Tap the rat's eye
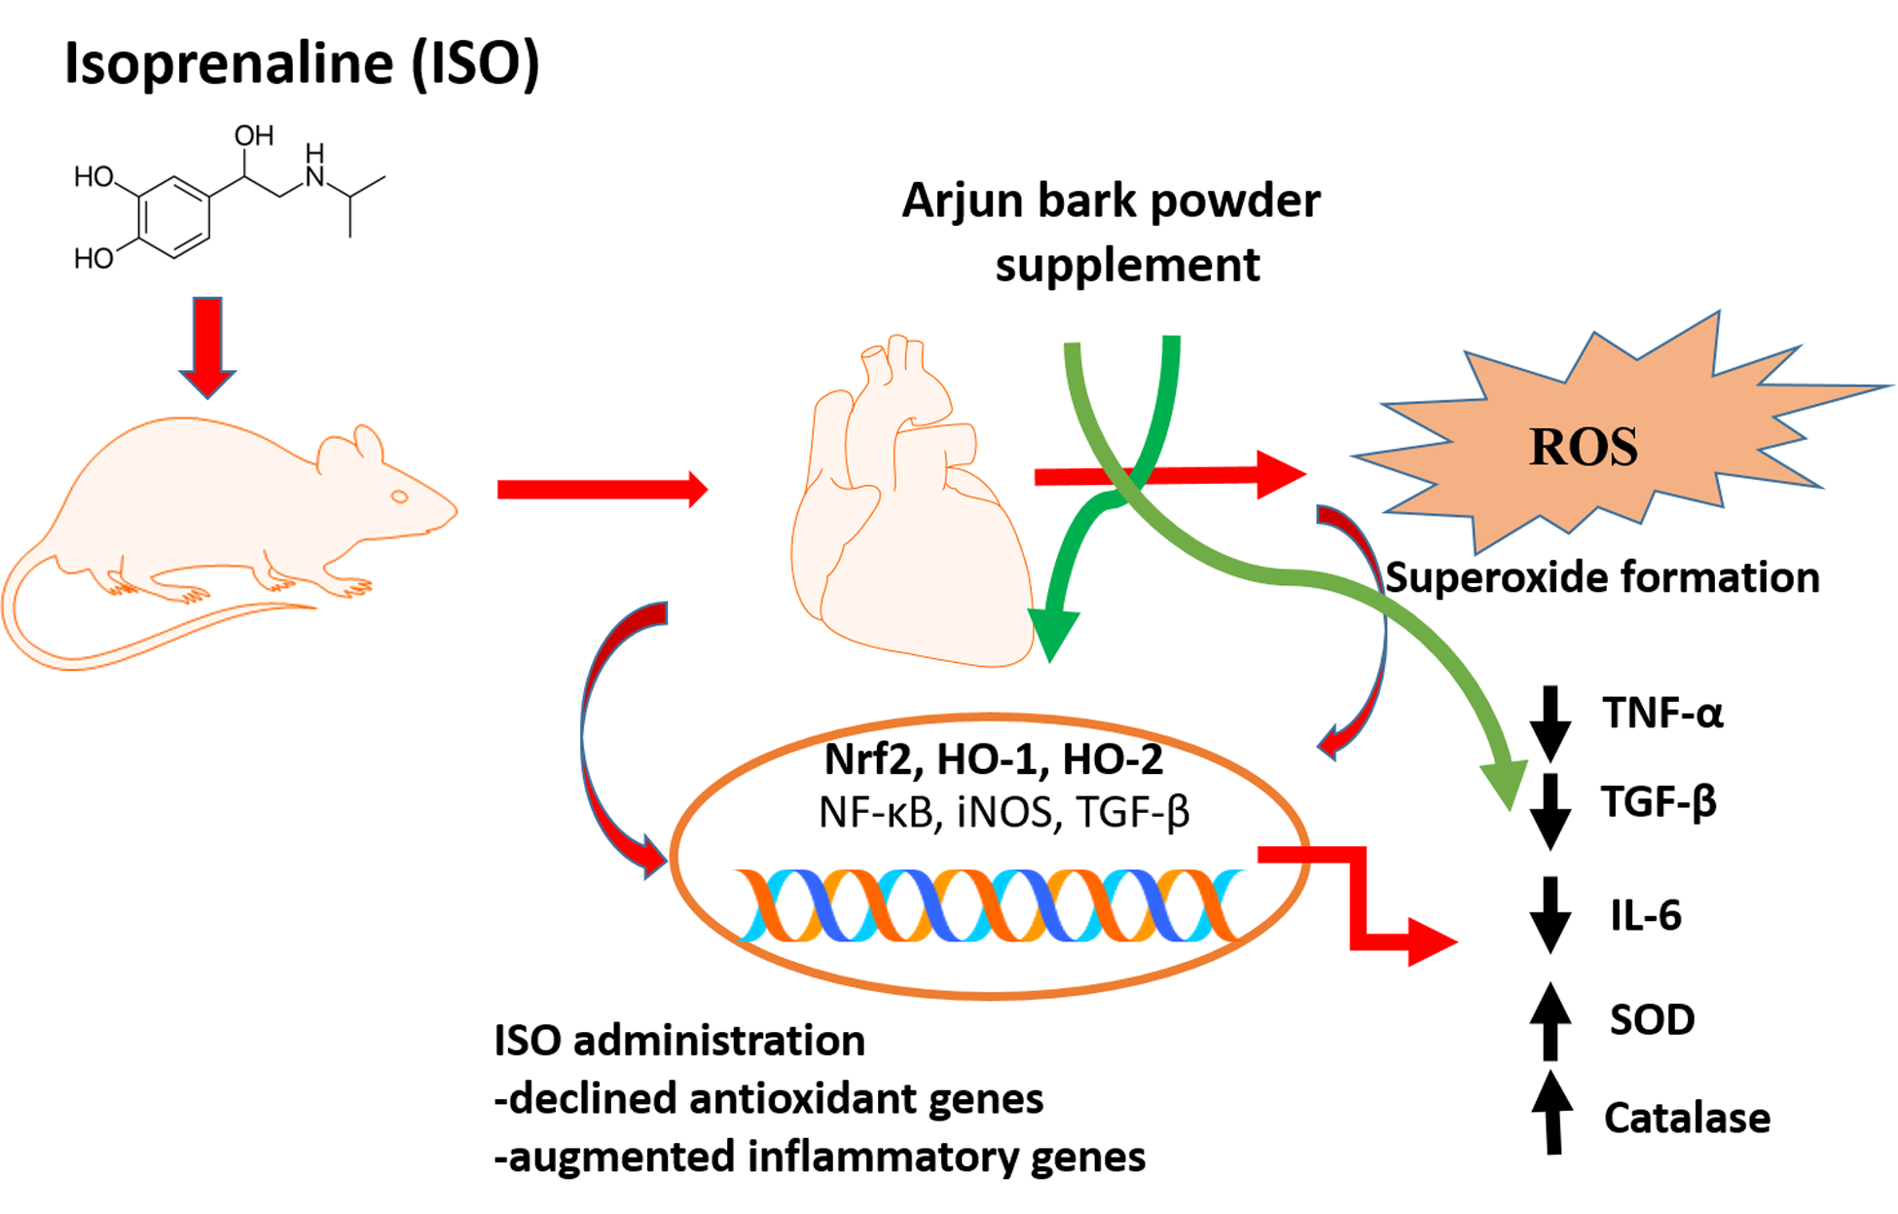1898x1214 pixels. tap(399, 497)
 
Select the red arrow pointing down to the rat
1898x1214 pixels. tap(207, 346)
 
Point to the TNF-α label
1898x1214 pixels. tap(1662, 714)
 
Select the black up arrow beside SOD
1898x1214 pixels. tap(1551, 1021)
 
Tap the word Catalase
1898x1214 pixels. tap(1687, 1118)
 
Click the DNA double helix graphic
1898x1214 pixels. tap(988, 905)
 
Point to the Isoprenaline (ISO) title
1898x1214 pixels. tap(302, 63)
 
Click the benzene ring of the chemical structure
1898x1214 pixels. tap(174, 217)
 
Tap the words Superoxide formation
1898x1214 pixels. tap(1602, 577)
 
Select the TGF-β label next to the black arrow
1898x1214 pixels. tap(1659, 802)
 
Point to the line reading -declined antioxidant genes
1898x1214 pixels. tap(769, 1099)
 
